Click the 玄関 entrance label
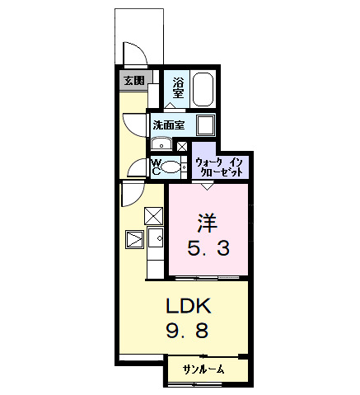(134, 81)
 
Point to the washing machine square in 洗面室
(204, 125)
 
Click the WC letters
(155, 167)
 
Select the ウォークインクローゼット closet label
(220, 167)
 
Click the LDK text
(190, 307)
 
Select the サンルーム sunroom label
(203, 370)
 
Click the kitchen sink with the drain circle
(155, 238)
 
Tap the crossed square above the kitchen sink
(154, 216)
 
